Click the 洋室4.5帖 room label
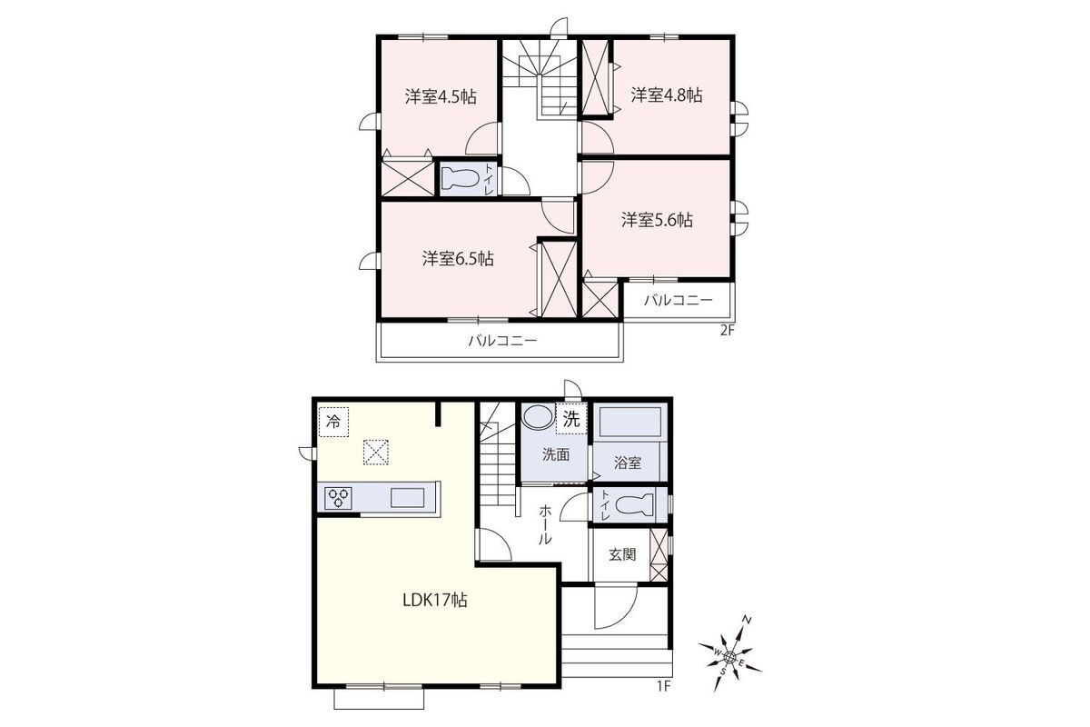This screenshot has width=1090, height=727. coord(441,96)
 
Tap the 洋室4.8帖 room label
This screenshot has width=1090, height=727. coord(667,95)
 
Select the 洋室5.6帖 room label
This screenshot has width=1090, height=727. coord(657,220)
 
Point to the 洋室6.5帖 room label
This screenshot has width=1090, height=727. coord(458,259)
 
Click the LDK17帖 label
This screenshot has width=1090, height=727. coord(435,600)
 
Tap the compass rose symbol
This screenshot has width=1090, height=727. coord(729,656)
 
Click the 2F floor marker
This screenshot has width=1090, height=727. coord(726,331)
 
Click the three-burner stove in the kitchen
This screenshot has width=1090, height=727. coord(338,498)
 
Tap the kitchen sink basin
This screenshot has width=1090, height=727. coord(407,498)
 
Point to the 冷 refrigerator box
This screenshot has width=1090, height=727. coord(334,422)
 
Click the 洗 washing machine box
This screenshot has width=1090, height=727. coord(571,419)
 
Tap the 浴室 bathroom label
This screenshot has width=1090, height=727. coord(628,463)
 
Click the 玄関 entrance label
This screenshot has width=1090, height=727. coord(622,554)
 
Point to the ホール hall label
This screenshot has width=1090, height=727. coord(546,525)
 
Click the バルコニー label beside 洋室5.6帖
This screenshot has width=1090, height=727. coord(679,300)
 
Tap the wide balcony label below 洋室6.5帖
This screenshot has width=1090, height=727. coord(502,340)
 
